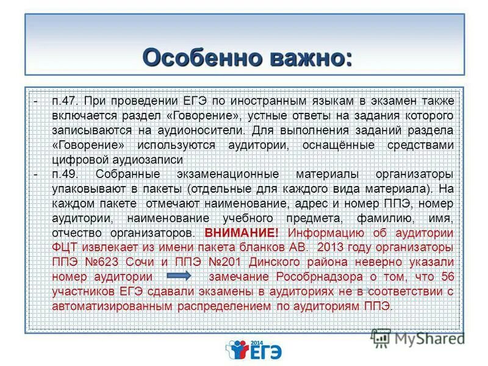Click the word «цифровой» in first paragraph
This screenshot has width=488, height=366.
point(79,160)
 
